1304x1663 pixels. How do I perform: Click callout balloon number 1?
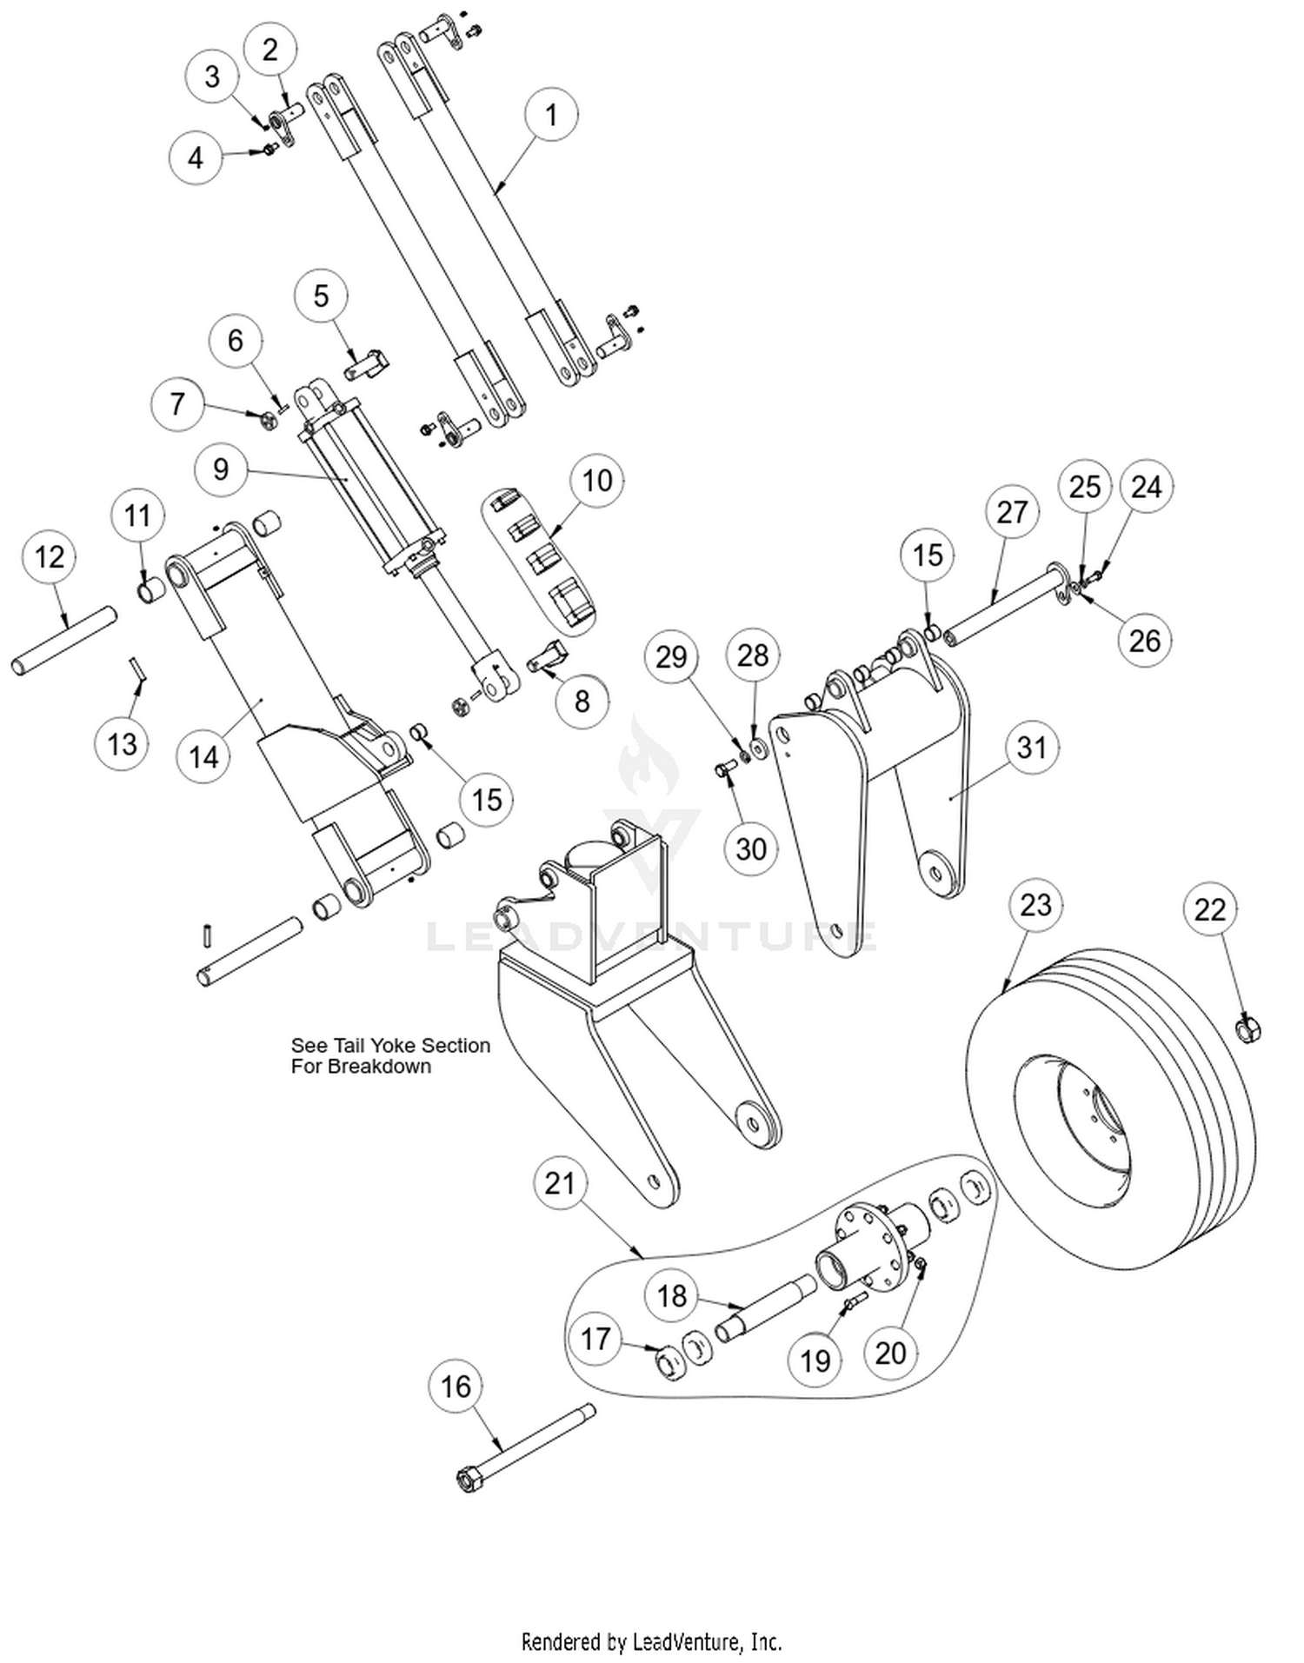pos(551,115)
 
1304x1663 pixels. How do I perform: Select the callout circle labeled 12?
pos(50,557)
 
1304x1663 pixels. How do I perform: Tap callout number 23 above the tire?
pos(1035,905)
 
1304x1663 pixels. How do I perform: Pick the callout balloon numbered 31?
pos(1032,748)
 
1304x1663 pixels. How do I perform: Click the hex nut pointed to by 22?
pos(1247,1030)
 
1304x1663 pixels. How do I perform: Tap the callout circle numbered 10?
pos(597,481)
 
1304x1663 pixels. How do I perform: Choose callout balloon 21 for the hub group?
pos(560,1183)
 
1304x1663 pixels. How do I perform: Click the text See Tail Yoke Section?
pos(390,1046)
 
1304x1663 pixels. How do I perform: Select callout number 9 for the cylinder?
pos(221,469)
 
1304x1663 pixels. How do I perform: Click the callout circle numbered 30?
pos(751,848)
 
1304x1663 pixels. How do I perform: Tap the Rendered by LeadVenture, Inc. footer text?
pos(651,1641)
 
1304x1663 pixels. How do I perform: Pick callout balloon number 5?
pos(321,296)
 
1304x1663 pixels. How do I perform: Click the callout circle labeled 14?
pos(203,756)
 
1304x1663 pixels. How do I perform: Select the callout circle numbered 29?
pos(671,657)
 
